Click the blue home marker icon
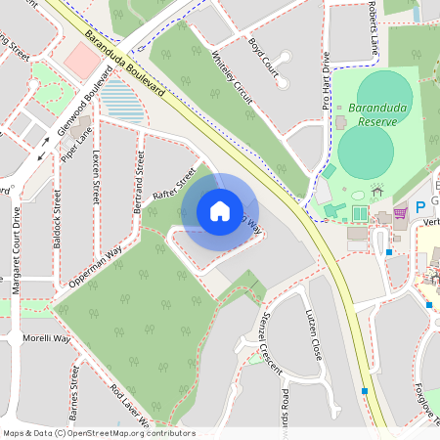point(220,210)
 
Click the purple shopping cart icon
point(400,211)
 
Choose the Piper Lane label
point(76,142)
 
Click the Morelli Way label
point(48,338)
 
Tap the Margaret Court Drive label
point(17,248)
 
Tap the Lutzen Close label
point(315,334)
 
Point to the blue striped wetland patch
point(120,98)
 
